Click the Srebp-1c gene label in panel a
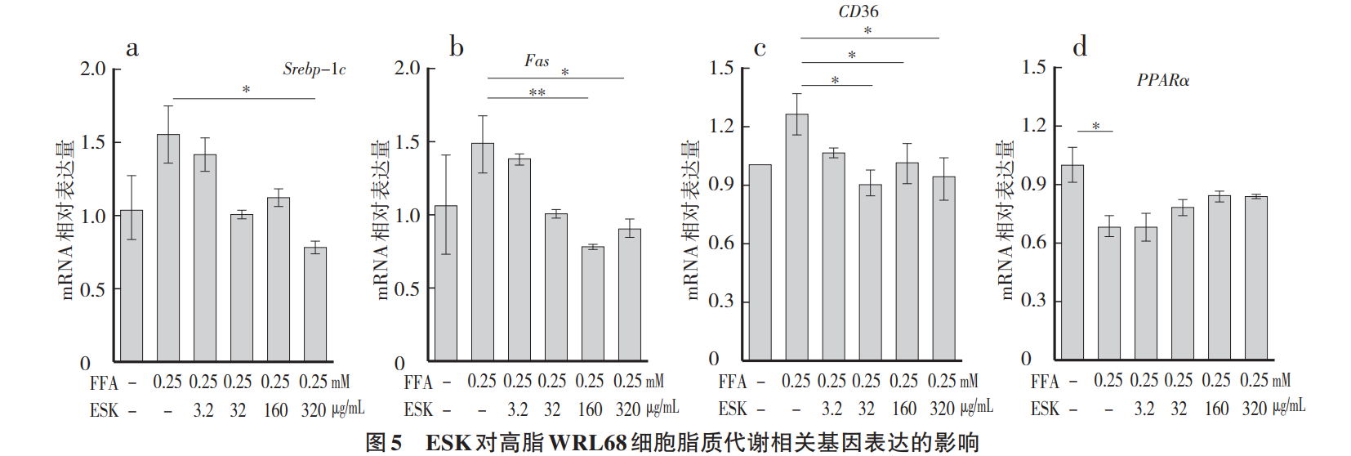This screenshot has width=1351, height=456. tap(314, 69)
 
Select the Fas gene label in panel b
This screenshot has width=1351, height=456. tap(537, 61)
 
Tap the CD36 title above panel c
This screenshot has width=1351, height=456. tap(858, 11)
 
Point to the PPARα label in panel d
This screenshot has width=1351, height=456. tap(1162, 80)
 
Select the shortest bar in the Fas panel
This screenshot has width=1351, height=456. tap(592, 303)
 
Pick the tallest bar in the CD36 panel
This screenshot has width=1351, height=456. tap(796, 237)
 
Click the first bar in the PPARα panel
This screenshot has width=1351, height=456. tap(1072, 262)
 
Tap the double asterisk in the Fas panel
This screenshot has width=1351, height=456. tap(537, 92)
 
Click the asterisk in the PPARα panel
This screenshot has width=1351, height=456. tap(1095, 126)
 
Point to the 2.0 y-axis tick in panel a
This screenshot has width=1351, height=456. tap(93, 69)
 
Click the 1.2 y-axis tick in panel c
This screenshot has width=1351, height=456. tap(721, 126)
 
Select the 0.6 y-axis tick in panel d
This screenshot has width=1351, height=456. tap(1033, 242)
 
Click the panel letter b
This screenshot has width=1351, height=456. tap(457, 47)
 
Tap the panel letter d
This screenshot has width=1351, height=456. tap(1080, 47)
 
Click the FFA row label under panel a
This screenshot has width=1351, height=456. tap(104, 383)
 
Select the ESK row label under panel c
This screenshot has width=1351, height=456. tap(732, 409)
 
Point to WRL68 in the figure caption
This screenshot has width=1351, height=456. tap(587, 443)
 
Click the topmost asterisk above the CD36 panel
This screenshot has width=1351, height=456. tap(867, 30)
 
